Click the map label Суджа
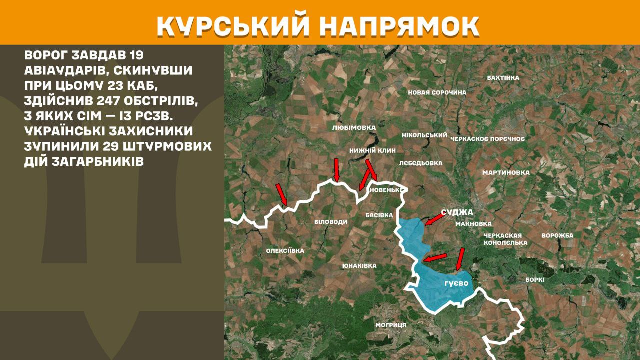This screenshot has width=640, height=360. [x=457, y=212]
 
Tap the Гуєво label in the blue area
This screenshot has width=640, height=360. [x=456, y=283]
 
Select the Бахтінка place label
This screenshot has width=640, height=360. [x=503, y=78]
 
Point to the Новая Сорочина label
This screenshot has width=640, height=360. [x=437, y=92]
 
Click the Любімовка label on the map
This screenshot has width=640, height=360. [x=353, y=128]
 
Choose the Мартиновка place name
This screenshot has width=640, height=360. [x=505, y=172]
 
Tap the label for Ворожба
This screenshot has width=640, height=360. [x=557, y=235]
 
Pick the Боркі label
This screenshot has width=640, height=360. [x=535, y=280]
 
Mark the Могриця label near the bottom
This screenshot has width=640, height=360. [x=391, y=325]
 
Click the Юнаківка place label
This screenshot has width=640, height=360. [x=359, y=266]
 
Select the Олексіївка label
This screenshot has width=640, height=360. [x=285, y=251]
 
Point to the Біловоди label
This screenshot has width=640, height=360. [x=330, y=222]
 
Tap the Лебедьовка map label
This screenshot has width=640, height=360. [x=421, y=163]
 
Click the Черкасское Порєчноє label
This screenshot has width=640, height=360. [x=487, y=138]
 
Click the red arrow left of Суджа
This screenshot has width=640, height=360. [x=434, y=219]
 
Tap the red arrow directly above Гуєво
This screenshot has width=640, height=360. [x=460, y=260]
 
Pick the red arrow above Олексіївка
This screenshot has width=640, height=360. [x=282, y=194]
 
